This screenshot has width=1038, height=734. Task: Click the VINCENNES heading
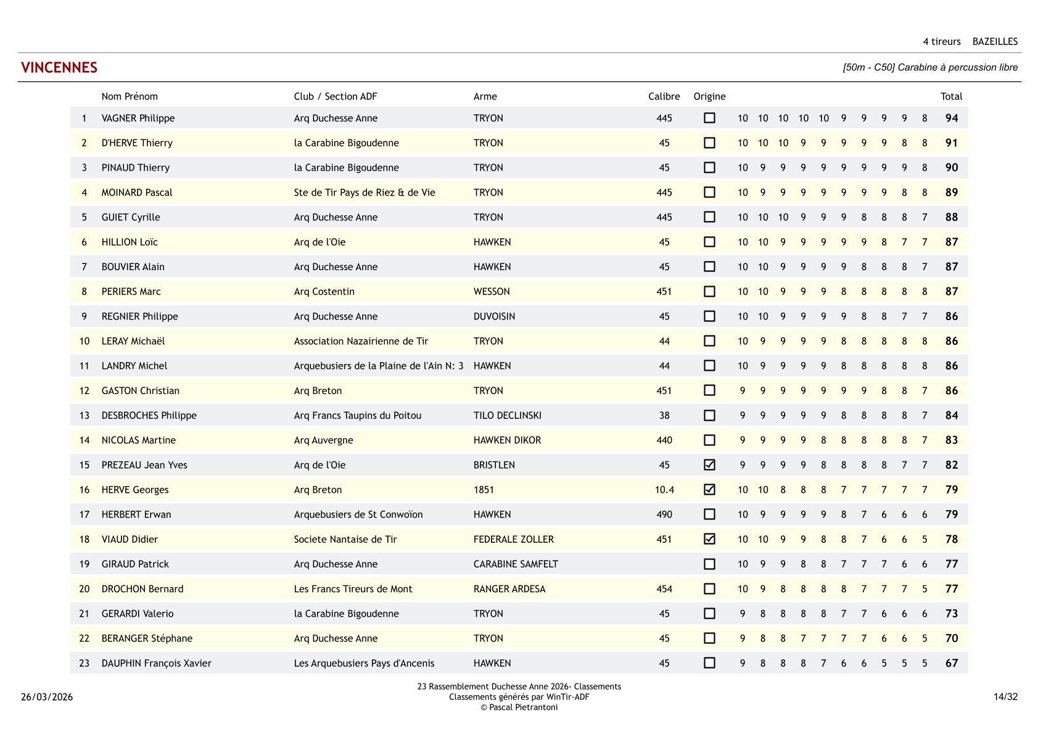pos(59,68)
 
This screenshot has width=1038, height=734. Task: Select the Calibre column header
pos(664,96)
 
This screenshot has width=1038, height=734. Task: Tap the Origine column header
pos(709,96)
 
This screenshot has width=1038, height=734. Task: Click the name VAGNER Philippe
pos(138,118)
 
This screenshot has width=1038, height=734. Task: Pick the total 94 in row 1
pos(951,118)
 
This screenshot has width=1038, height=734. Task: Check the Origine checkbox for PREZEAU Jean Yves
pos(709,465)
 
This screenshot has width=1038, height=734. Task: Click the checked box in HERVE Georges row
pos(709,490)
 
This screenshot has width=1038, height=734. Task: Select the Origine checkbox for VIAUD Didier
pos(709,539)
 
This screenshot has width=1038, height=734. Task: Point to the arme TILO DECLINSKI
pos(507,416)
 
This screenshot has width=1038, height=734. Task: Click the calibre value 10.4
pos(664,490)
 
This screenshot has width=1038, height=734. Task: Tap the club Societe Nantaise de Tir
pos(345,539)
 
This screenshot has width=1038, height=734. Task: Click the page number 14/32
pos(1005,697)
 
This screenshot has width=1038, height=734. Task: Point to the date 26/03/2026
pos(47,697)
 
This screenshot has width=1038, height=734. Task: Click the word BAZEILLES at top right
pos(995,42)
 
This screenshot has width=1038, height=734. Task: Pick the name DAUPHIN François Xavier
pos(156,664)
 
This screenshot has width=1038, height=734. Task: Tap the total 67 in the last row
pos(951,664)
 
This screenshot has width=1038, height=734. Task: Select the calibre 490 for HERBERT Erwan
pos(664,514)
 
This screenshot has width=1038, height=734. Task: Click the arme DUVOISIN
pos(494,316)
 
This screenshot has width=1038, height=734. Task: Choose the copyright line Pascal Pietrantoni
pos(519,707)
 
